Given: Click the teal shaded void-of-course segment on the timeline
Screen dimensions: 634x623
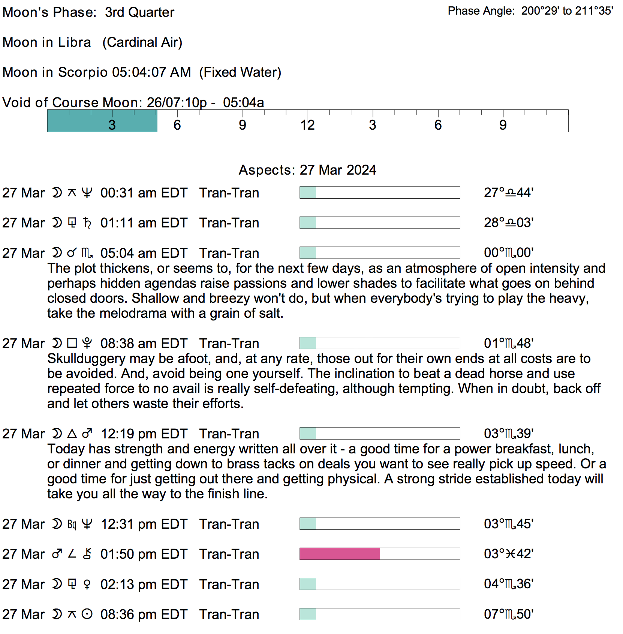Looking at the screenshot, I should click(x=102, y=121).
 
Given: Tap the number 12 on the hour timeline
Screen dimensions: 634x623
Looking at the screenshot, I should click(x=307, y=125).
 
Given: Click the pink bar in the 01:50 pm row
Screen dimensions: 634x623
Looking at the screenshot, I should click(x=340, y=554).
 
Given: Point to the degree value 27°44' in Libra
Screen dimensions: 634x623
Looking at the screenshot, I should click(x=508, y=193).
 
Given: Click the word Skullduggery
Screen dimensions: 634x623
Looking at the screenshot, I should click(x=86, y=359).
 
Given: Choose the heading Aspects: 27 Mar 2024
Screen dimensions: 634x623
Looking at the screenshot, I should click(x=307, y=170).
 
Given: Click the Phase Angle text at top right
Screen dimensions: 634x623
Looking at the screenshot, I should click(x=530, y=11).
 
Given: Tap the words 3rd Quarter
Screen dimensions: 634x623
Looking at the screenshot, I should click(x=139, y=12).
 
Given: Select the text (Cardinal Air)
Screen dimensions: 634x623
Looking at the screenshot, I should click(x=142, y=42).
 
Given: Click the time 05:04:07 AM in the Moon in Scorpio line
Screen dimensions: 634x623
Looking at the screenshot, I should click(x=151, y=72).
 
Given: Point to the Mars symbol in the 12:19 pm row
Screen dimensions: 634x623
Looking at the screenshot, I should click(x=87, y=434).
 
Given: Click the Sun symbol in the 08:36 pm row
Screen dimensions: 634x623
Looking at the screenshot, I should click(x=87, y=615).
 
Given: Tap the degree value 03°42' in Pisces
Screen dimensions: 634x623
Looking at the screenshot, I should click(x=508, y=554).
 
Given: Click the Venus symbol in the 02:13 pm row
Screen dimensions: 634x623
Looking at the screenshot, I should click(x=87, y=585).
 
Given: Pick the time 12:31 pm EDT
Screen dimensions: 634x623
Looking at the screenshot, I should click(x=144, y=524).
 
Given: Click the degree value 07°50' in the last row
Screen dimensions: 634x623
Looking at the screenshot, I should click(x=508, y=615).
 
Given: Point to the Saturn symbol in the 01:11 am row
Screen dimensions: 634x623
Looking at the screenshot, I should click(x=87, y=223).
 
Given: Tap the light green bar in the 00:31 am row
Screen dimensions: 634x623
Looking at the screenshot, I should click(x=308, y=193).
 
